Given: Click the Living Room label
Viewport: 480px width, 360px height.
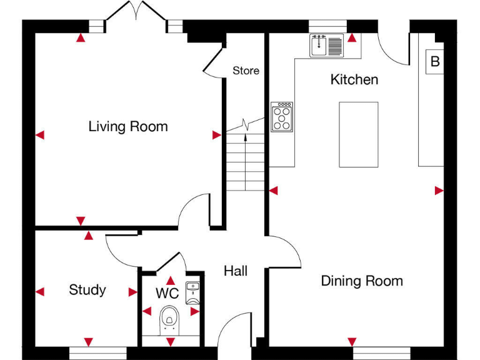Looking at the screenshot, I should [128, 127].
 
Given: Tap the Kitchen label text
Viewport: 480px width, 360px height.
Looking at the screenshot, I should [354, 80].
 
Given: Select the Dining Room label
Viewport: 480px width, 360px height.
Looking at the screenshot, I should [362, 281].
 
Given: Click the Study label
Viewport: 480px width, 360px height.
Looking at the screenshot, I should [87, 290].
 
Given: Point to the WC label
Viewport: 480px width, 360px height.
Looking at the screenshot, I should [167, 293].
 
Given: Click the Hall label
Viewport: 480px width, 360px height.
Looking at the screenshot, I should [236, 271].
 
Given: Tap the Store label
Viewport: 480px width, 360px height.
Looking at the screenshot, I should [246, 71].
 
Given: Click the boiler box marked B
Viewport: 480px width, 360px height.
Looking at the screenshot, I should [435, 62].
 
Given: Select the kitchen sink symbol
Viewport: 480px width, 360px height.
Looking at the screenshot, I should [327, 46].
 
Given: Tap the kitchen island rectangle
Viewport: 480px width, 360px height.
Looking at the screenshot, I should [359, 134].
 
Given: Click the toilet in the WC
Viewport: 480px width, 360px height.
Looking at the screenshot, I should [168, 317].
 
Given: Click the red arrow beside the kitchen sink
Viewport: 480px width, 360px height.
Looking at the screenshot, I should [352, 38].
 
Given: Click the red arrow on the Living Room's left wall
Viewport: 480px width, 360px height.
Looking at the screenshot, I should [40, 134].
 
